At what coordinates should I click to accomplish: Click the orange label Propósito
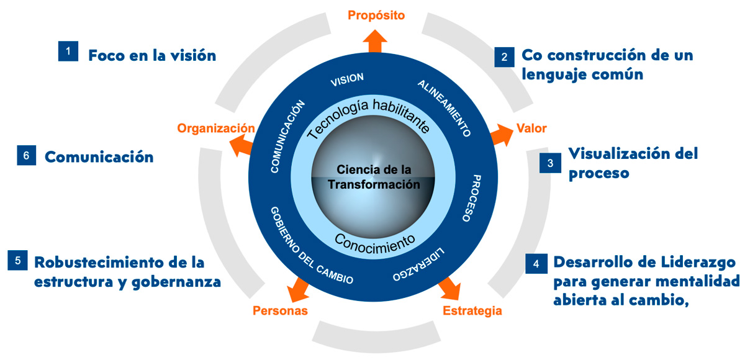[376, 15]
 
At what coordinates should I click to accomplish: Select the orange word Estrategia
[472, 310]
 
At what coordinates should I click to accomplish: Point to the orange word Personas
[280, 310]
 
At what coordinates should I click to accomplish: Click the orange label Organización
[216, 128]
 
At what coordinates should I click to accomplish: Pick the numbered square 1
[68, 51]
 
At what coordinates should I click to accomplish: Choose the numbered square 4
[536, 263]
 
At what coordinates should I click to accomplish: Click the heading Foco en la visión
[152, 55]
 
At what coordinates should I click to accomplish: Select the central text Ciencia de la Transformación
[374, 177]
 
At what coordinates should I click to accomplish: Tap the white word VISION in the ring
[347, 81]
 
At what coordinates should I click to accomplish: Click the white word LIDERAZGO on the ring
[420, 266]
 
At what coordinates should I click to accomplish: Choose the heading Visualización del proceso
[633, 163]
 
